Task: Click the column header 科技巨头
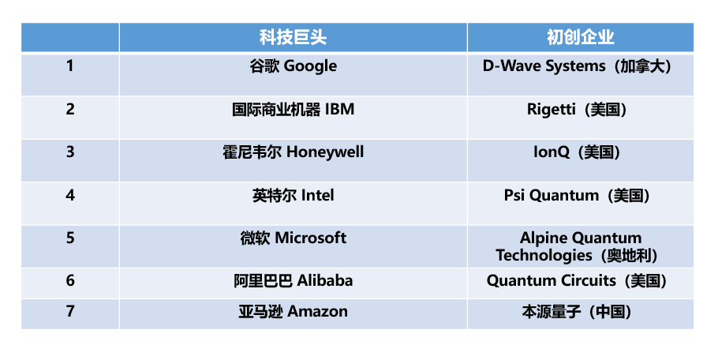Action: pos(293,38)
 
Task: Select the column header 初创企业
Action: pos(580,38)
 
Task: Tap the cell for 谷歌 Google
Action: pos(293,75)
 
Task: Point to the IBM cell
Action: pos(293,118)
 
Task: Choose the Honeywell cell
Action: pos(293,161)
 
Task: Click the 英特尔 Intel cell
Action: pos(293,204)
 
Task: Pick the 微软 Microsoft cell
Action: pos(293,246)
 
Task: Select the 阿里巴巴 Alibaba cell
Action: pos(293,283)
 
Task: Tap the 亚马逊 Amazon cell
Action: pos(293,314)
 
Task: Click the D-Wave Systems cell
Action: pos(580,75)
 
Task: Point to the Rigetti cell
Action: pos(580,118)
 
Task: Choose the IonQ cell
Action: pos(580,161)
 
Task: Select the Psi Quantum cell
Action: pos(580,204)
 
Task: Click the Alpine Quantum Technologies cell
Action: pos(580,246)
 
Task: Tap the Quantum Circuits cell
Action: pos(580,283)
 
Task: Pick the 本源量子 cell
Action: pos(580,314)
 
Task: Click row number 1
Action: pos(70,66)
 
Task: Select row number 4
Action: pos(70,196)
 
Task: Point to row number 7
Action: pos(70,312)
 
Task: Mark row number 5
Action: pos(70,238)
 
